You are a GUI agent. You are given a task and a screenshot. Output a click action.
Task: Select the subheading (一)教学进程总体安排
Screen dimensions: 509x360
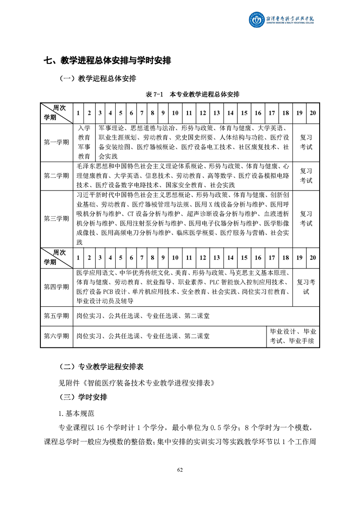tap(98, 78)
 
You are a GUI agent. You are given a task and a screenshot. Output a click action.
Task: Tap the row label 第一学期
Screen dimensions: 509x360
tap(56, 142)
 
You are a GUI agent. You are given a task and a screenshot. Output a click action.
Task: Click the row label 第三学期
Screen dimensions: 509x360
tap(56, 219)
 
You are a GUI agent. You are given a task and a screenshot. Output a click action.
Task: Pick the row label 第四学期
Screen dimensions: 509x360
tap(56, 287)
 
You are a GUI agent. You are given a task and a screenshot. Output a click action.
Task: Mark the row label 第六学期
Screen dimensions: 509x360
tap(56, 336)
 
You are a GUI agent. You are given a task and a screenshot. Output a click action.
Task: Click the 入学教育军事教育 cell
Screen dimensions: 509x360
tap(84, 142)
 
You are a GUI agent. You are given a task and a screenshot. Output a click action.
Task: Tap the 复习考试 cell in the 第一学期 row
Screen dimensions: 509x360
tap(306, 142)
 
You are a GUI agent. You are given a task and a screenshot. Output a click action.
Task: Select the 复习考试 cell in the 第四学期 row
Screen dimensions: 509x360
tap(306, 287)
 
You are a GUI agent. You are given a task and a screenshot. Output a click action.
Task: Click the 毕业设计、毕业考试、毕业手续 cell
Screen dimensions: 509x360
tap(292, 336)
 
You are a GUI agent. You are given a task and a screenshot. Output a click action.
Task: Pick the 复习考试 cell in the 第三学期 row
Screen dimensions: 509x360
tap(306, 219)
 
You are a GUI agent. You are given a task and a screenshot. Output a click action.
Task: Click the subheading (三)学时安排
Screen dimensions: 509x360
tap(84, 397)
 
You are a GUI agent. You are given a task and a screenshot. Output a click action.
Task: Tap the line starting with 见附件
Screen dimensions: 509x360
tap(137, 382)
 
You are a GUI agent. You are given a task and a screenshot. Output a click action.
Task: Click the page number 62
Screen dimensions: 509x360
tap(180, 470)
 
